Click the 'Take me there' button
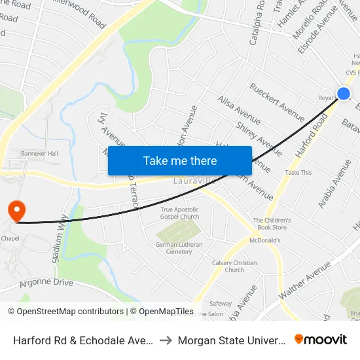pos(180,160)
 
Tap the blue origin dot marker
pos(343,94)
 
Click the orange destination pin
pos(16,211)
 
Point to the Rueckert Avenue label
pos(277,101)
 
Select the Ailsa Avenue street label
pos(239,109)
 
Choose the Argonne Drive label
pos(46,283)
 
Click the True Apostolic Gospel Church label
pos(180,213)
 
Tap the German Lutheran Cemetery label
pos(179,248)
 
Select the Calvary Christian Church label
pos(234,266)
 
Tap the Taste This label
pos(298,172)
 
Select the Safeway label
pos(220,303)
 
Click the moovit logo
pos(320,339)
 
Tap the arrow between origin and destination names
pos(166,340)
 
